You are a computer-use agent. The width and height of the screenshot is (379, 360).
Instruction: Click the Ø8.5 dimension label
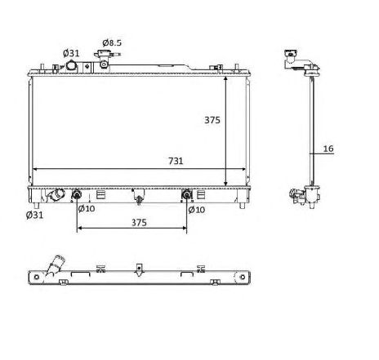pyautogui.click(x=112, y=42)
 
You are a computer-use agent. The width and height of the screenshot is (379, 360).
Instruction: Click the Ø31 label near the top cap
pyautogui.click(x=71, y=53)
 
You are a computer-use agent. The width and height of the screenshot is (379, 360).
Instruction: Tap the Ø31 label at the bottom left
pyautogui.click(x=34, y=215)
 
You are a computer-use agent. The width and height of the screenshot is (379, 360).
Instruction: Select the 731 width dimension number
pyautogui.click(x=176, y=161)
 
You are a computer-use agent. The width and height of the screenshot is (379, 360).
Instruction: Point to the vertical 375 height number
pyautogui.click(x=212, y=120)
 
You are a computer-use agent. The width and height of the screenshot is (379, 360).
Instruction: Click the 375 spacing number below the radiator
pyautogui.click(x=139, y=223)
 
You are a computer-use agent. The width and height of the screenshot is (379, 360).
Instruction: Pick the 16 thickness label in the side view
pyautogui.click(x=328, y=149)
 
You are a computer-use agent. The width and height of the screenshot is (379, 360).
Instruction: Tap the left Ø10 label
pyautogui.click(x=87, y=209)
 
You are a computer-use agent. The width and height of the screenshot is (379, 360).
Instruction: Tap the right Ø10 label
pyautogui.click(x=197, y=210)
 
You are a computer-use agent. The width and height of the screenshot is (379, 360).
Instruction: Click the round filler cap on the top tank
pyautogui.click(x=72, y=66)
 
